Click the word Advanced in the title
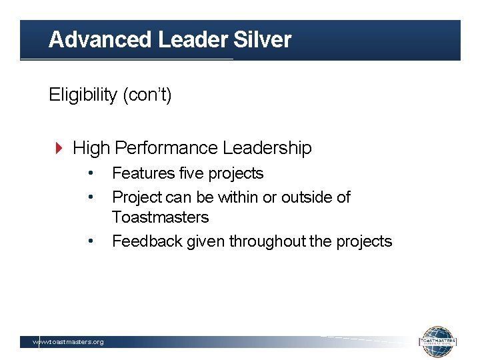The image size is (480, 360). [100, 40]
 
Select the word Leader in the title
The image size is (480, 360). [193, 40]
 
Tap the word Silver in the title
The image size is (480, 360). [263, 40]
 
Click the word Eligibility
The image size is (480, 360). [83, 95]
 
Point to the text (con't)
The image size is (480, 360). [147, 95]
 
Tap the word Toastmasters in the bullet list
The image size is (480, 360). [160, 217]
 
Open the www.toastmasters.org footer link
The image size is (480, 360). [69, 342]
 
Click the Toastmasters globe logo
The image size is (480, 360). [437, 341]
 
